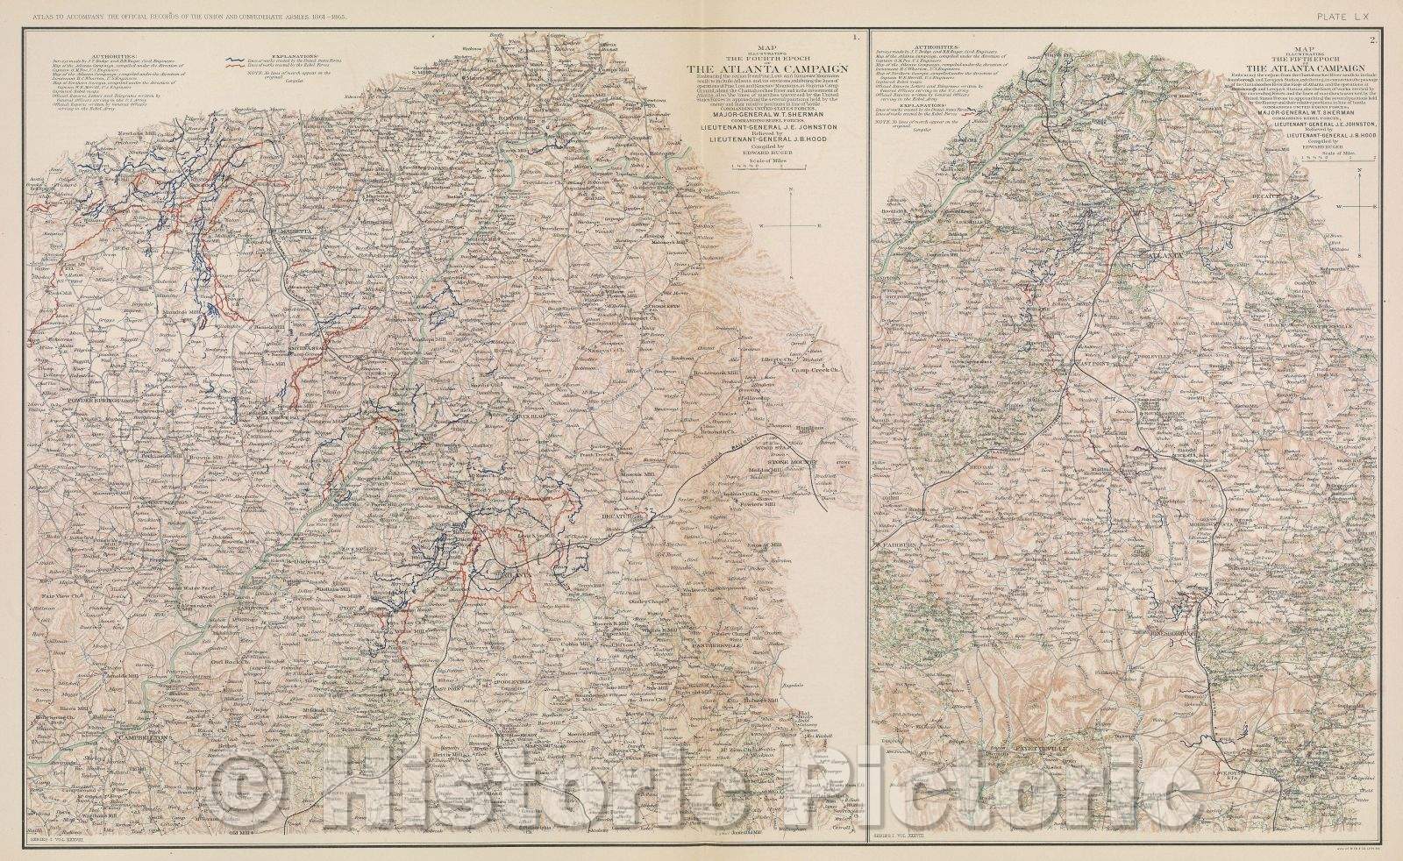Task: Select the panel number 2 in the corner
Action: pyautogui.click(x=1376, y=39)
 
